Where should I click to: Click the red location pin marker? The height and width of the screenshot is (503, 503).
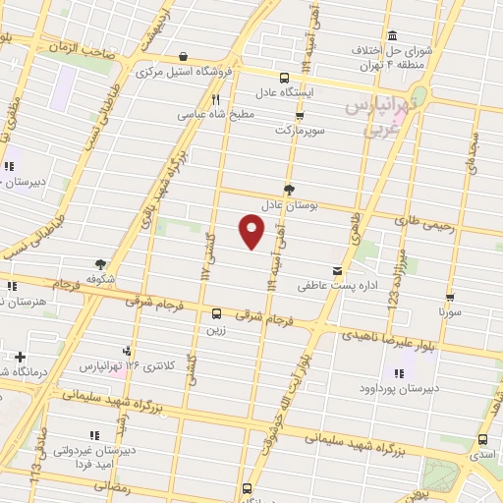pyautogui.click(x=252, y=231)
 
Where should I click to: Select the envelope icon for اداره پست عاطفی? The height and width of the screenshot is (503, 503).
pyautogui.click(x=338, y=271)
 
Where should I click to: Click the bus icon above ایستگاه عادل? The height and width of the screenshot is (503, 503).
pyautogui.click(x=285, y=78)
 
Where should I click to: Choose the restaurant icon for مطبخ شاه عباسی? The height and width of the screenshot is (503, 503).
pyautogui.click(x=215, y=99)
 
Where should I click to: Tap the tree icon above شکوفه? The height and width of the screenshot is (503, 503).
pyautogui.click(x=100, y=263)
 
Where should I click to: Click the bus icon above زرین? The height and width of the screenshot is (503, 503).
pyautogui.click(x=215, y=314)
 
